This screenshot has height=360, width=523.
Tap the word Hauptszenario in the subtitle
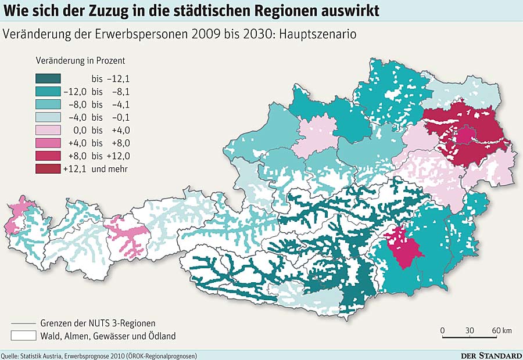pos(318,34)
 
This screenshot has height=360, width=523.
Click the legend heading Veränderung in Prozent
pos(80,60)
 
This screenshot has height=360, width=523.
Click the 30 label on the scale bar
pos(470,330)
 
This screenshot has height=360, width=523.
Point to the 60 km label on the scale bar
pos(501,330)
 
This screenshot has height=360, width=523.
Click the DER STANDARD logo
pos(491,355)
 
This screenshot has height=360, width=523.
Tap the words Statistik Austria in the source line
pos(40,355)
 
